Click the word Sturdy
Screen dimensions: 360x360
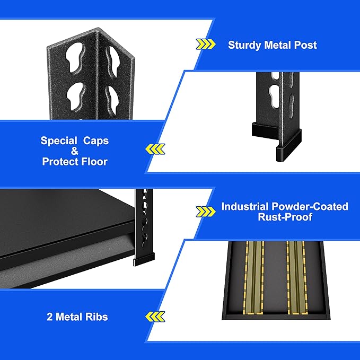[x=244, y=45]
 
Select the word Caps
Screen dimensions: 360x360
[x=95, y=141]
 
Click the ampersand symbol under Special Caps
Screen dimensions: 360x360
[x=74, y=151]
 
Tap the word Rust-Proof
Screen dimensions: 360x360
[x=285, y=217]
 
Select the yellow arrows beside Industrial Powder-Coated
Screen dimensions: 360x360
[x=206, y=212]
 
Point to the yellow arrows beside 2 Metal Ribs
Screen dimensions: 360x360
[x=155, y=317]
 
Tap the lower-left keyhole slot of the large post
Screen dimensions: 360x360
[x=76, y=94]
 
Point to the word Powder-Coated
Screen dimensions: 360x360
[x=311, y=206]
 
